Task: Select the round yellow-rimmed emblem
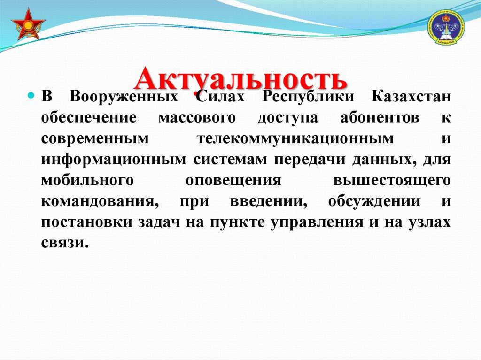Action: [x=445, y=28]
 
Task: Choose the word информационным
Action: [x=113, y=160]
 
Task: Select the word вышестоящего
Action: [x=392, y=181]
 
